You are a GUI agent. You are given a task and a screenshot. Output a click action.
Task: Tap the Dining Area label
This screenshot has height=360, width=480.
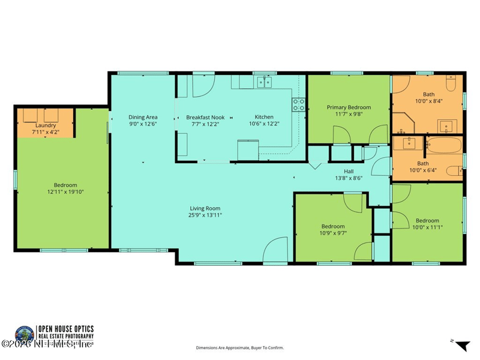coord(143,117)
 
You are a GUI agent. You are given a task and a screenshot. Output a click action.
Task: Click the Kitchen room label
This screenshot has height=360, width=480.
coord(264,117)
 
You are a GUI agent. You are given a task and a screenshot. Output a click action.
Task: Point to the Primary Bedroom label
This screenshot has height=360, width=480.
coord(349,107)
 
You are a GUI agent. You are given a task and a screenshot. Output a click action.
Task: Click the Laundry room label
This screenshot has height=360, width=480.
coord(46,125)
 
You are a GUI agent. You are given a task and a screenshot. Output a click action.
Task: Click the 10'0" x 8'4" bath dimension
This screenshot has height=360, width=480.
coord(428,101)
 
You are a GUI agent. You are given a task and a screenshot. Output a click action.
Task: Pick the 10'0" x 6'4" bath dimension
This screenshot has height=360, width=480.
coord(428,170)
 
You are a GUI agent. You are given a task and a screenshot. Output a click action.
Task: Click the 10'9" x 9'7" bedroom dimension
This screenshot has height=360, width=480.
coord(333,233)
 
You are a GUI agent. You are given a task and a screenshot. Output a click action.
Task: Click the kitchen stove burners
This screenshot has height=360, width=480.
coord(297,105)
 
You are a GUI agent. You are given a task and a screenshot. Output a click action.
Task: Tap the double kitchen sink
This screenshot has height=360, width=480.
coord(263,82)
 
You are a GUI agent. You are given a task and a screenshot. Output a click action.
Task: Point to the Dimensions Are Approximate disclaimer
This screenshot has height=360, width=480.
coord(239,347)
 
